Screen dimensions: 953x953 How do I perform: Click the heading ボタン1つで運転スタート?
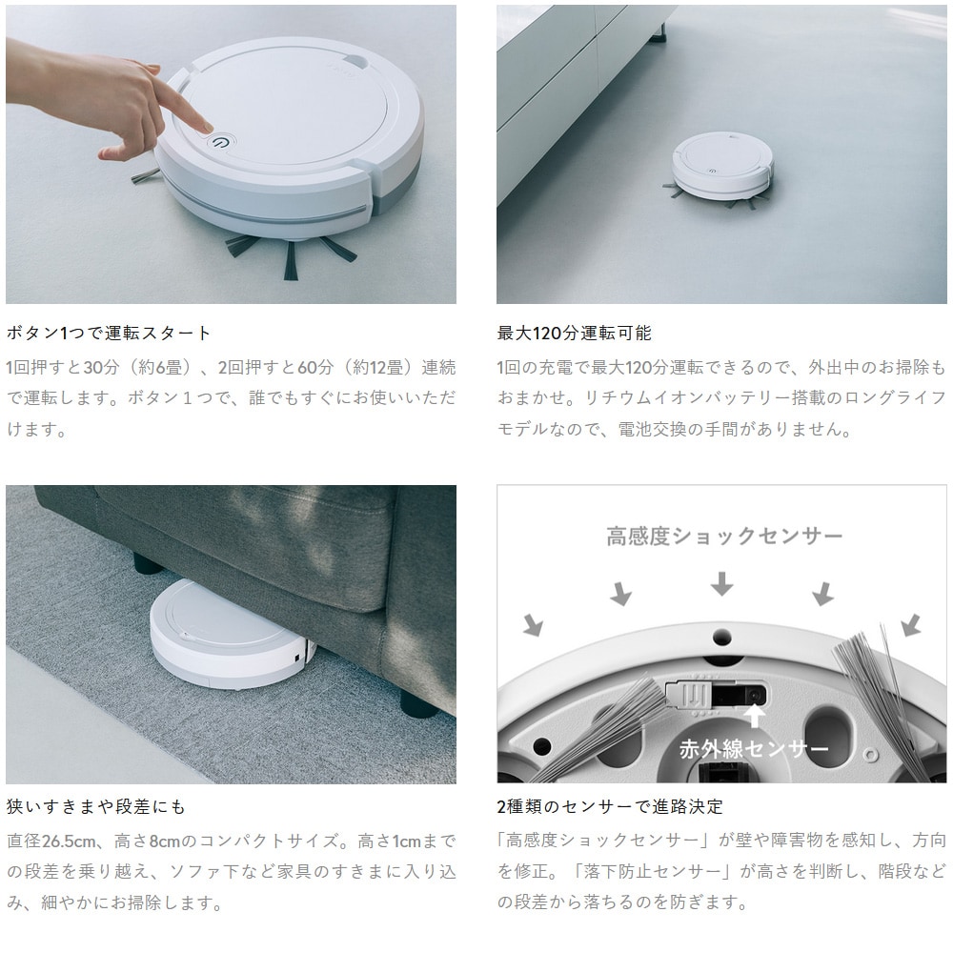(x=109, y=333)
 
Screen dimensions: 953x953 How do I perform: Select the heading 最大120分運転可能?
(x=574, y=333)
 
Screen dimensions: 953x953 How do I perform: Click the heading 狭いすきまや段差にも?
(x=95, y=806)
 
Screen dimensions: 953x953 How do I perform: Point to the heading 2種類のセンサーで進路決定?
(x=610, y=806)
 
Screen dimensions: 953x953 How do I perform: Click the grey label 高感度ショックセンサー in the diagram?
(x=724, y=536)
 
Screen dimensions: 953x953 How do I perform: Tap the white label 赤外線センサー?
(x=754, y=749)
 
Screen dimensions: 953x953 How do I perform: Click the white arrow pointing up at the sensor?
(x=754, y=715)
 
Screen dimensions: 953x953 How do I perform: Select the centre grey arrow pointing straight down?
(x=721, y=583)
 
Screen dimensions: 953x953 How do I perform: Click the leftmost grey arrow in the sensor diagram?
(x=533, y=625)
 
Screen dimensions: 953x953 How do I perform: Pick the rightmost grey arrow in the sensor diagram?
(x=910, y=625)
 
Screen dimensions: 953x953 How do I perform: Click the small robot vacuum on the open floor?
(x=722, y=166)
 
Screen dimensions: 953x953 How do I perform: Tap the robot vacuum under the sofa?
(x=230, y=635)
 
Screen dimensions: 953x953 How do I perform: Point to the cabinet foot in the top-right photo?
(x=657, y=37)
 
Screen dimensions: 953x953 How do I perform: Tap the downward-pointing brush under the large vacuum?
(x=291, y=260)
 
